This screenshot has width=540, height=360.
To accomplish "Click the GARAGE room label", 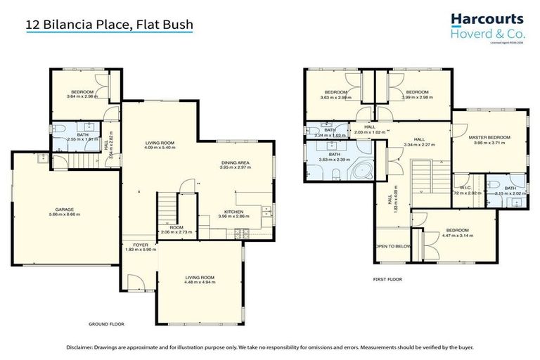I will [65, 210].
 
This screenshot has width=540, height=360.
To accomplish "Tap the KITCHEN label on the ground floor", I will [233, 212].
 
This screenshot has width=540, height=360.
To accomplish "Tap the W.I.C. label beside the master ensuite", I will [465, 188].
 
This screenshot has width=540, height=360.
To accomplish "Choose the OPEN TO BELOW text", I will [392, 247].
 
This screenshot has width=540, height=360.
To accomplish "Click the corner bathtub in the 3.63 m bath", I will [365, 171].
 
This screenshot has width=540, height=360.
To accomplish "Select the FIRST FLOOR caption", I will [387, 279].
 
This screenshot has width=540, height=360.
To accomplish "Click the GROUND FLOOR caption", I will [107, 326].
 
